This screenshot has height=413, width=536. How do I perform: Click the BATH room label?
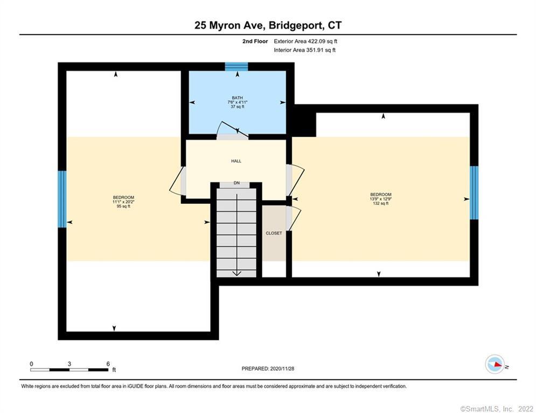[237, 98]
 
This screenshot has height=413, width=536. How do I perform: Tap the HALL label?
[236, 161]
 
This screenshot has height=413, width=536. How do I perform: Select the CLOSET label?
[274, 233]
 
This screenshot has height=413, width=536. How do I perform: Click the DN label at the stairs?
[236, 183]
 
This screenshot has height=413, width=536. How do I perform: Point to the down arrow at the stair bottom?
[236, 273]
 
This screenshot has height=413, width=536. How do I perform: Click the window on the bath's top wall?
[236, 67]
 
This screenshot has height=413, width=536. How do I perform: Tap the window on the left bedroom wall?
[62, 199]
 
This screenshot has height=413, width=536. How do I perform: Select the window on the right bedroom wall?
[474, 193]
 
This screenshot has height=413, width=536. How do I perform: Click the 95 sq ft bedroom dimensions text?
[123, 202]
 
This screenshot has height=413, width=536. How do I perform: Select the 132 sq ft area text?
[380, 204]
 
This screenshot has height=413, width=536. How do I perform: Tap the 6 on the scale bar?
[108, 364]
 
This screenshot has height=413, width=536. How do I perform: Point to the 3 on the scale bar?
[69, 364]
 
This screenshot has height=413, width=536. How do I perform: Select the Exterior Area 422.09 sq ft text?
[305, 41]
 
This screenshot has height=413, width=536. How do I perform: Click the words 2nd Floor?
[255, 41]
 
